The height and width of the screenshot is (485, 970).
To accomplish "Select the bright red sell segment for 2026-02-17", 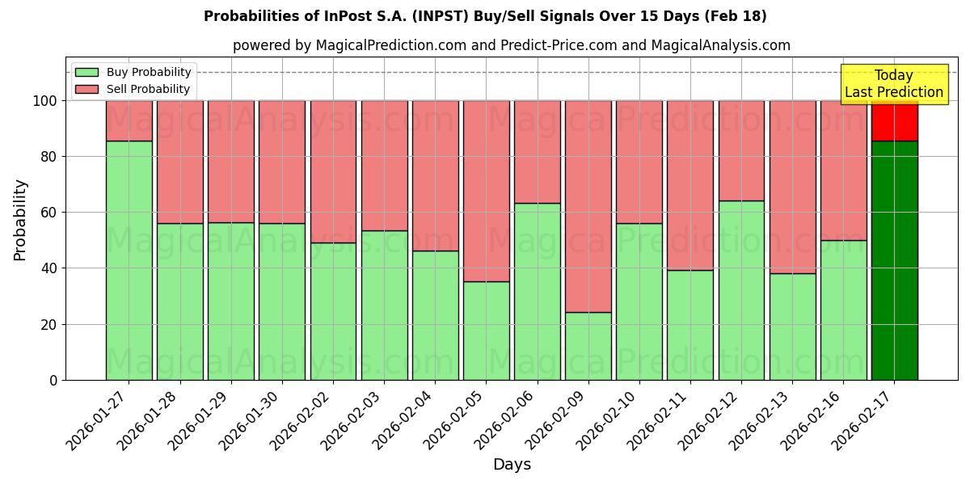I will [894, 120].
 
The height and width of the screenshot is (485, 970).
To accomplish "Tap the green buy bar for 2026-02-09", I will [588, 346].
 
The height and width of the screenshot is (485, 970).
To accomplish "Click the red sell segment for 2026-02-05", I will [487, 191].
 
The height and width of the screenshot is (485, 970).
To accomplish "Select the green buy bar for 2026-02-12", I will [741, 290].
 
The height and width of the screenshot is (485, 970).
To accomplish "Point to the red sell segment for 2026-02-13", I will [792, 187].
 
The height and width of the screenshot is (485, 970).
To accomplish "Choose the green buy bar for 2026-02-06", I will [538, 291].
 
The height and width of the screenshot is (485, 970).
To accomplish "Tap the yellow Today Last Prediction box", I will [893, 84].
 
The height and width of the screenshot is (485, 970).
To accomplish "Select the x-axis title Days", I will [512, 465].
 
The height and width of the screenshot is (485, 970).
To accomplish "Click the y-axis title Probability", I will [21, 220].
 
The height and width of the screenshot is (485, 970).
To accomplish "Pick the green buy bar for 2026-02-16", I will [843, 310].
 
